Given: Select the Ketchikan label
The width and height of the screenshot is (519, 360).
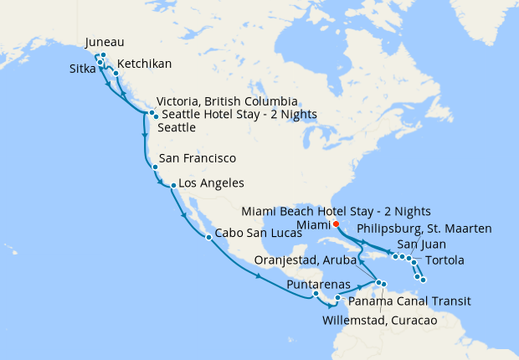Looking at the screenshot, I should point(146,64).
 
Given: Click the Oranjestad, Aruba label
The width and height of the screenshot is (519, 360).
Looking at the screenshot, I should point(309,260).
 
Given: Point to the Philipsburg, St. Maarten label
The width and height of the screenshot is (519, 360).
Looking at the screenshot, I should point(424,228).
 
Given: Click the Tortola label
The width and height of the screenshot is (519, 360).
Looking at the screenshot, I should point(444,260).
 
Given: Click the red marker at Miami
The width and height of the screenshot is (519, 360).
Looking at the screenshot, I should point(335,224).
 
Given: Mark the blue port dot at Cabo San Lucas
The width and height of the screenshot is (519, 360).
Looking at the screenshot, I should point(208,238).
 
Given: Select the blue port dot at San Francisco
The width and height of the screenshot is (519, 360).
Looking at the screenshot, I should point(155,167).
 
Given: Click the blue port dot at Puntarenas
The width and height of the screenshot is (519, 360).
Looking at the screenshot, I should point(316,294).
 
